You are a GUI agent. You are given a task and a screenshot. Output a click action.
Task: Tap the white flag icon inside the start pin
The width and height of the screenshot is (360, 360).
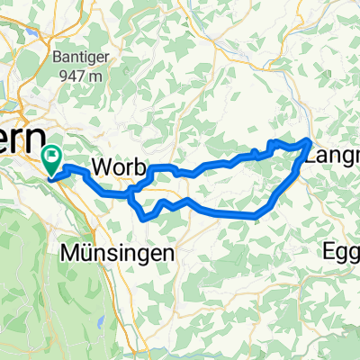[x=53, y=158]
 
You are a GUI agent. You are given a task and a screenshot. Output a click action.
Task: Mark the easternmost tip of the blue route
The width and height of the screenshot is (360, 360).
[x=311, y=140]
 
